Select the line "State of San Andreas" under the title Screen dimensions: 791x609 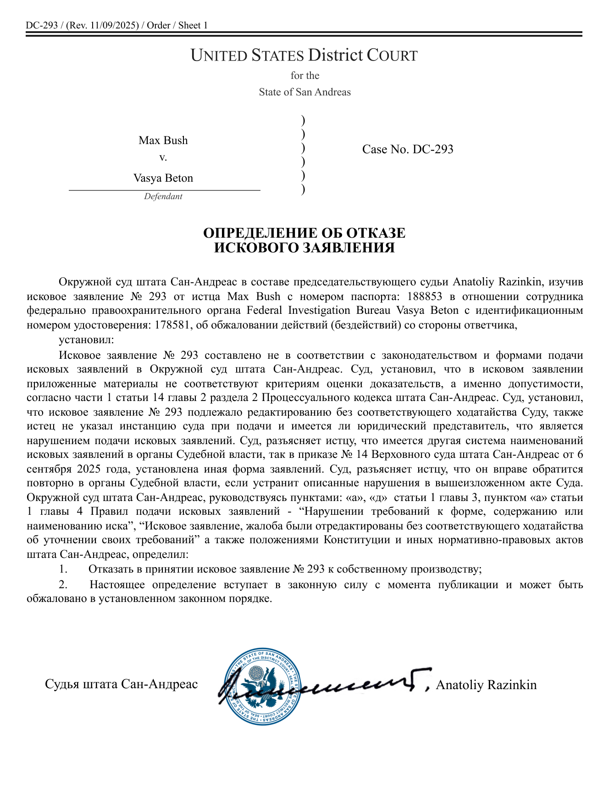tap(304, 92)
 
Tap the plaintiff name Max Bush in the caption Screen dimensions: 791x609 tap(163, 140)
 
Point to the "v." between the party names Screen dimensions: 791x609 tap(163, 158)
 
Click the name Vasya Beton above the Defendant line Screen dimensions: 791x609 tap(163, 178)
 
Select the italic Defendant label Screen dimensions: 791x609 tap(163, 196)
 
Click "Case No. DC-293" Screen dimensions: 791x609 tap(408, 149)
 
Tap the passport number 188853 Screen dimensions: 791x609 tap(425, 296)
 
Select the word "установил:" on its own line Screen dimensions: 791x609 tap(86, 340)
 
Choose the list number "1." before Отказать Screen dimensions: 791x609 tap(63, 569)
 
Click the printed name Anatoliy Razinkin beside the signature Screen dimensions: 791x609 tap(486, 685)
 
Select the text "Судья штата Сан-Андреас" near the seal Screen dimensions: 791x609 tap(122, 684)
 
